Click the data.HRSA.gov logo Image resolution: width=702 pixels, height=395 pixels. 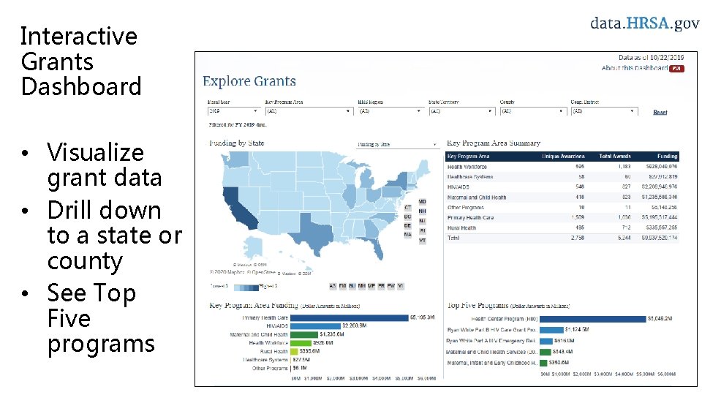coord(645,23)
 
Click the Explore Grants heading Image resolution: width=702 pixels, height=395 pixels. coord(249,81)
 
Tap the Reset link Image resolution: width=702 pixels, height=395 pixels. coord(660,112)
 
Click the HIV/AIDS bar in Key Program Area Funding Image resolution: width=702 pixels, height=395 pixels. coord(314,326)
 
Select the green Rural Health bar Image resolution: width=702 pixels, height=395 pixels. coord(300,351)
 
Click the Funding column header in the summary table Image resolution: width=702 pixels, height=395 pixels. coord(667,156)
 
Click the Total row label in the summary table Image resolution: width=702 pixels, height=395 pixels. coord(453,238)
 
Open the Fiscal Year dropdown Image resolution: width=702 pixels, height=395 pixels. coord(233,111)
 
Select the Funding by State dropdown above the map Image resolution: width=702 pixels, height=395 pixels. coord(397,144)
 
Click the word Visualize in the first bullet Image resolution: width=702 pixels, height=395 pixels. coord(95,152)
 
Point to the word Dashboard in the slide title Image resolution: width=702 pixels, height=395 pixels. coord(81,86)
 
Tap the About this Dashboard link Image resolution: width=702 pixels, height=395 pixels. coord(634,68)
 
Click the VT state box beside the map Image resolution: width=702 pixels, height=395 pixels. coord(423,241)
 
